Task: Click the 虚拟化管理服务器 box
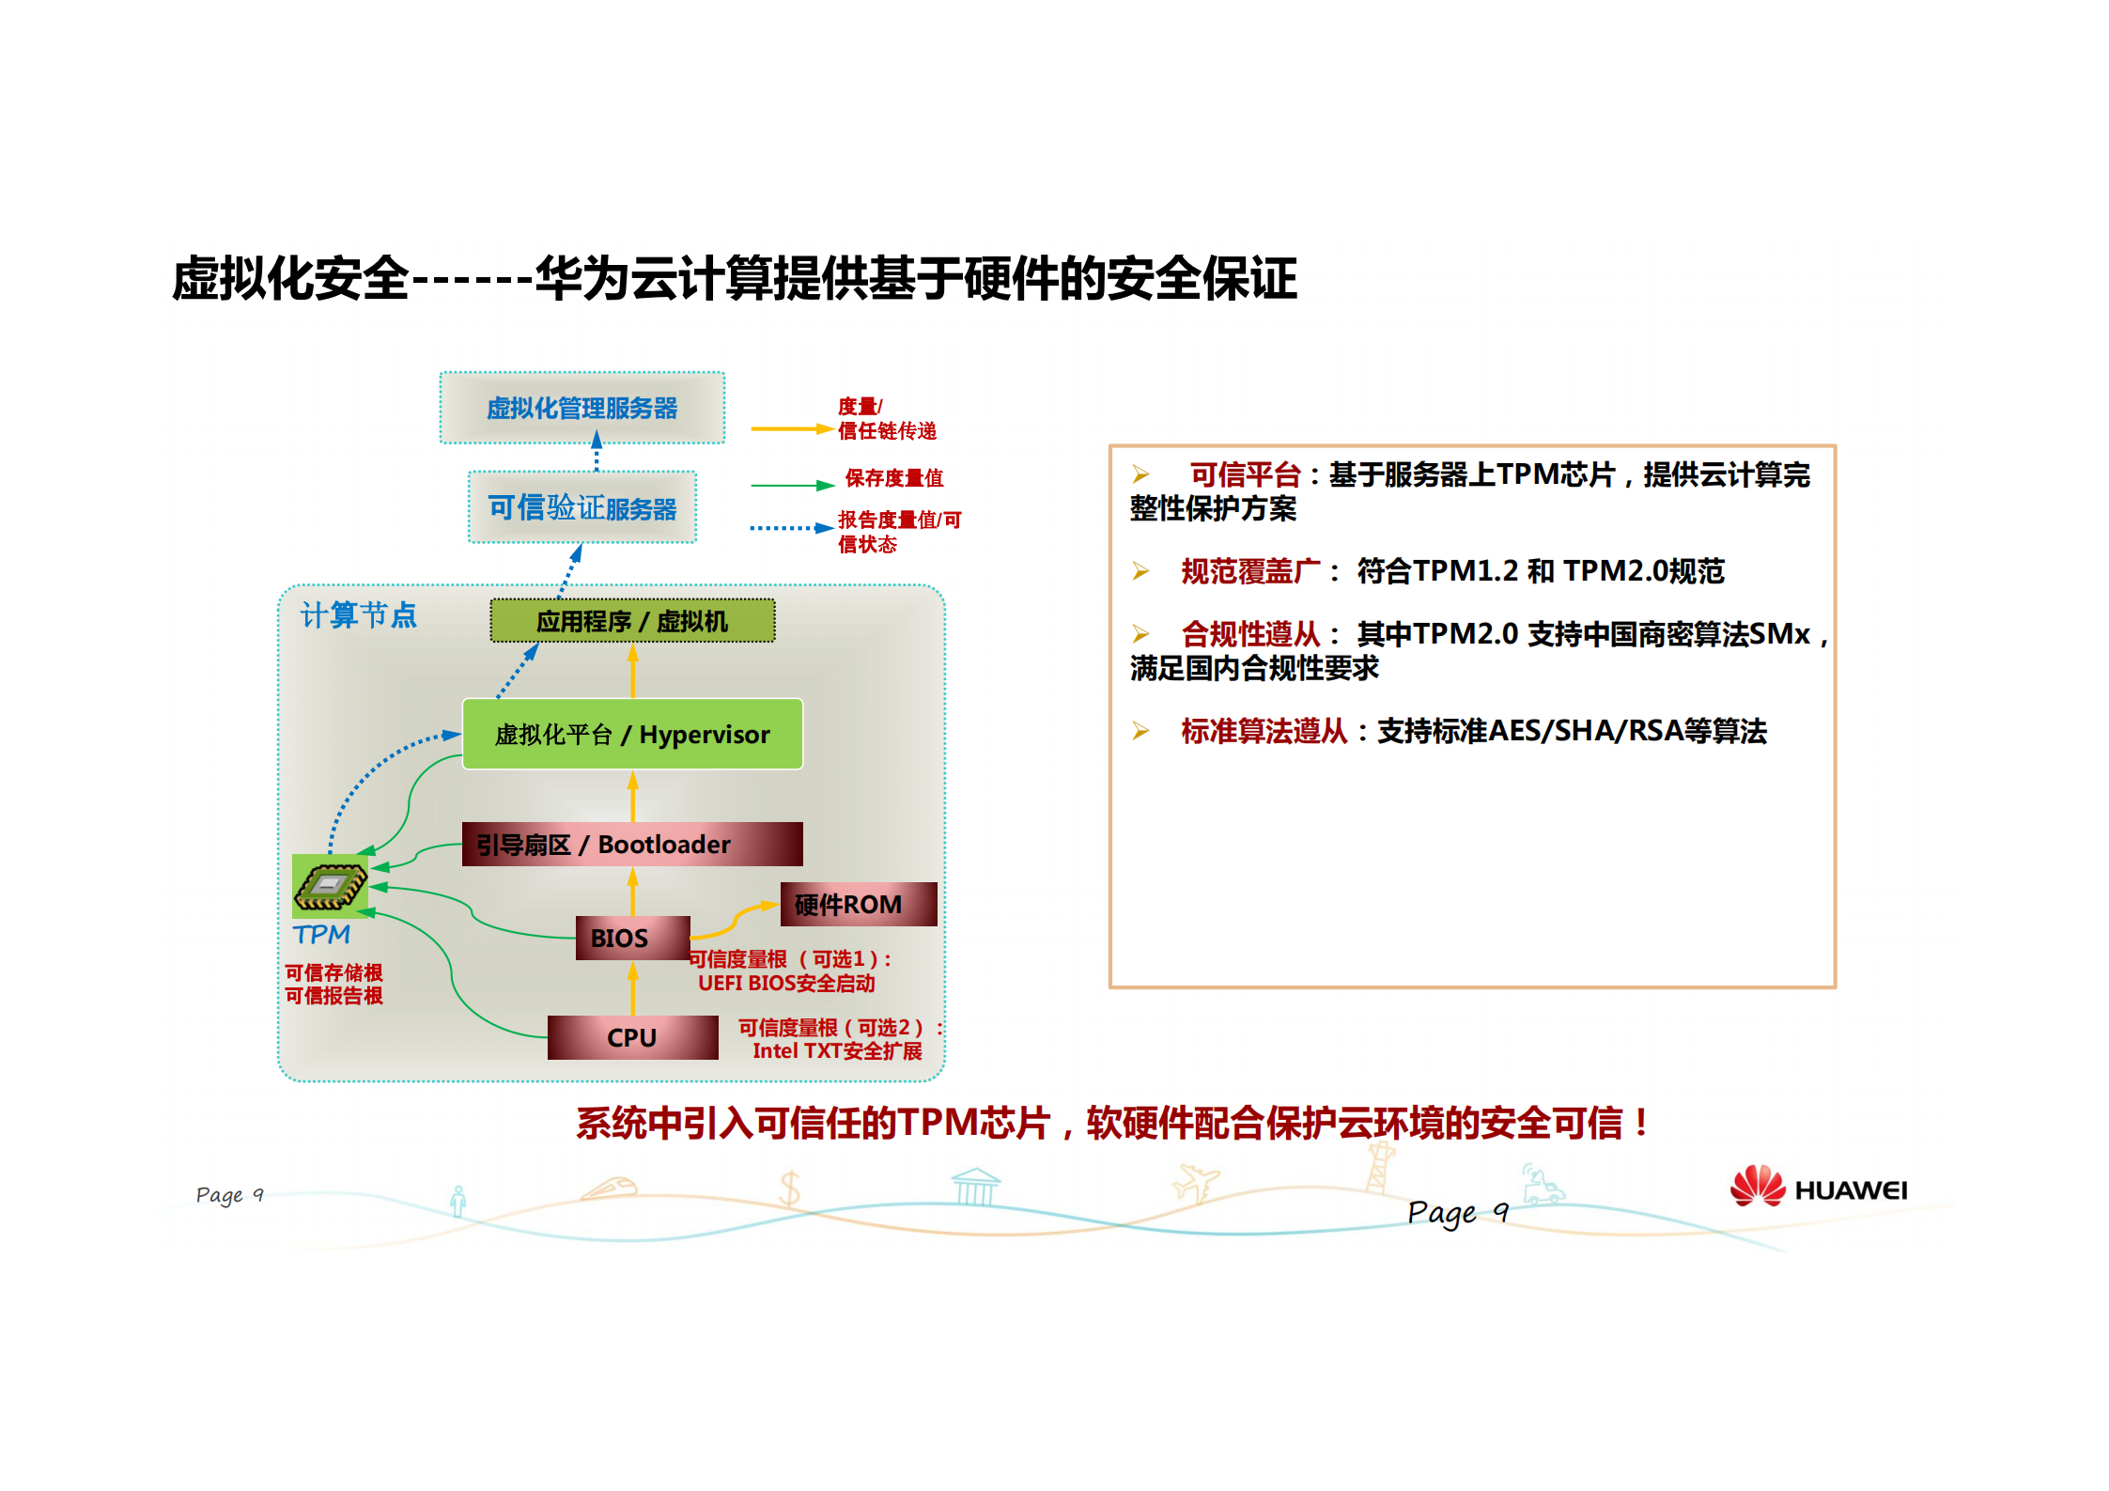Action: (582, 408)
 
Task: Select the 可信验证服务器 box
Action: (582, 507)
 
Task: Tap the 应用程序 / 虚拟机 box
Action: (632, 621)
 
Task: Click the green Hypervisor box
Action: (632, 734)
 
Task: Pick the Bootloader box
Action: (632, 844)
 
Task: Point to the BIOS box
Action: (632, 938)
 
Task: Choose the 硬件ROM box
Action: (858, 904)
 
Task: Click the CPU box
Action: (632, 1037)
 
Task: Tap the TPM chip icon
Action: (330, 886)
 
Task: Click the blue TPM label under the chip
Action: (321, 935)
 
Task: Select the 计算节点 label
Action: (358, 615)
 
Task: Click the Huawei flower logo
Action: (1757, 1186)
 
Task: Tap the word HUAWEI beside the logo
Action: (1851, 1191)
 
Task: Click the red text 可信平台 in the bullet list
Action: (1245, 474)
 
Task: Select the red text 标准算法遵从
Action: (1264, 731)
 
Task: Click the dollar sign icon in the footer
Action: (790, 1188)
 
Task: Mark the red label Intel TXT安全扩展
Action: (837, 1051)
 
